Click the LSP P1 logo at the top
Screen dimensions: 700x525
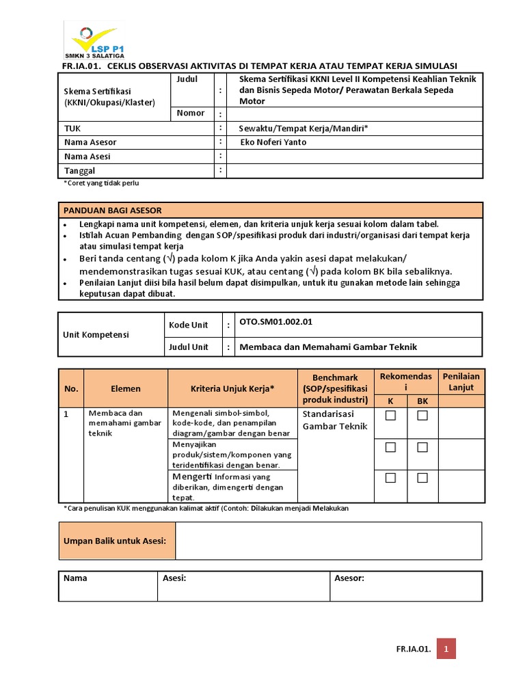(94, 40)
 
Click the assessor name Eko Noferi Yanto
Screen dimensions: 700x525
(273, 142)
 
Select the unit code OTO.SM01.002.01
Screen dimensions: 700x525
(276, 321)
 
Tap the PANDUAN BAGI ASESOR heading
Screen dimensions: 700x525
(113, 210)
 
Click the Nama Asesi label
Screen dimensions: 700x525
(87, 157)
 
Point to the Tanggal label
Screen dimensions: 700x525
(79, 171)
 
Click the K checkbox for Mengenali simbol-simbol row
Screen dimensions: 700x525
(390, 416)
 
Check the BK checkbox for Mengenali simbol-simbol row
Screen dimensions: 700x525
(422, 416)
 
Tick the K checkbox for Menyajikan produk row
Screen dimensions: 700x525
(390, 447)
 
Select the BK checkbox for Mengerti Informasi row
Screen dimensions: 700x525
(422, 478)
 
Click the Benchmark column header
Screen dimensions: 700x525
(335, 388)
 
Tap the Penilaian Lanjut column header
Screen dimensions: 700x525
(461, 382)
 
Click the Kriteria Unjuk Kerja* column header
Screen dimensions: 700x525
(232, 388)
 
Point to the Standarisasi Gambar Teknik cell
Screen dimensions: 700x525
(335, 420)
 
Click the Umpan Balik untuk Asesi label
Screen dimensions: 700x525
(115, 541)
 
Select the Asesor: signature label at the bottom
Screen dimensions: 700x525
(349, 578)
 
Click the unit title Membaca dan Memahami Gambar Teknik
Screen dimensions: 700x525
(328, 347)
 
